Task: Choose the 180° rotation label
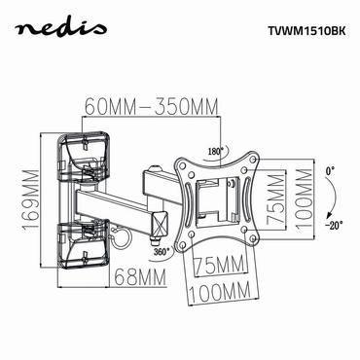[x=214, y=150]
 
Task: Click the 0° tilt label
[x=331, y=171]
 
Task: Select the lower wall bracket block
[x=82, y=237]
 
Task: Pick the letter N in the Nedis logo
[x=29, y=29]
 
